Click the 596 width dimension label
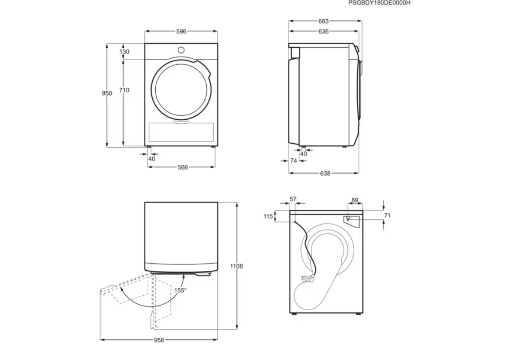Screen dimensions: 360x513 pyautogui.click(x=181, y=31)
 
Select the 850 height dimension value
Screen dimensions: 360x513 pyautogui.click(x=107, y=93)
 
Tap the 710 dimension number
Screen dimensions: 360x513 pyautogui.click(x=124, y=90)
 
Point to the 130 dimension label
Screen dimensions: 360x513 pyautogui.click(x=124, y=51)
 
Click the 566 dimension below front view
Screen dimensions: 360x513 pyautogui.click(x=183, y=167)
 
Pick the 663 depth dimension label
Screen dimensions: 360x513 pyautogui.click(x=323, y=21)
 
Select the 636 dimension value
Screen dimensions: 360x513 pyautogui.click(x=323, y=31)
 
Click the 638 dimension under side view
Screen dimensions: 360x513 pyautogui.click(x=325, y=173)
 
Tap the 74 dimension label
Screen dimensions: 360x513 pyautogui.click(x=294, y=160)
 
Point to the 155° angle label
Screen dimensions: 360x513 pyautogui.click(x=181, y=290)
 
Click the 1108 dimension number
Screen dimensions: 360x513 pyautogui.click(x=236, y=266)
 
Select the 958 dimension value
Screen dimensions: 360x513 pyautogui.click(x=159, y=340)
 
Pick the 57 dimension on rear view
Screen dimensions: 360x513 pyautogui.click(x=293, y=199)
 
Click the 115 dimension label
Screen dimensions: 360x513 pyautogui.click(x=268, y=217)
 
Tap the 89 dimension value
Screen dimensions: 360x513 pyautogui.click(x=354, y=200)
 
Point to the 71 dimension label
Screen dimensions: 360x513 pyautogui.click(x=387, y=216)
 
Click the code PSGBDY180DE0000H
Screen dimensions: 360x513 pyautogui.click(x=379, y=3)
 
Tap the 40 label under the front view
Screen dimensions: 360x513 pyautogui.click(x=151, y=159)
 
